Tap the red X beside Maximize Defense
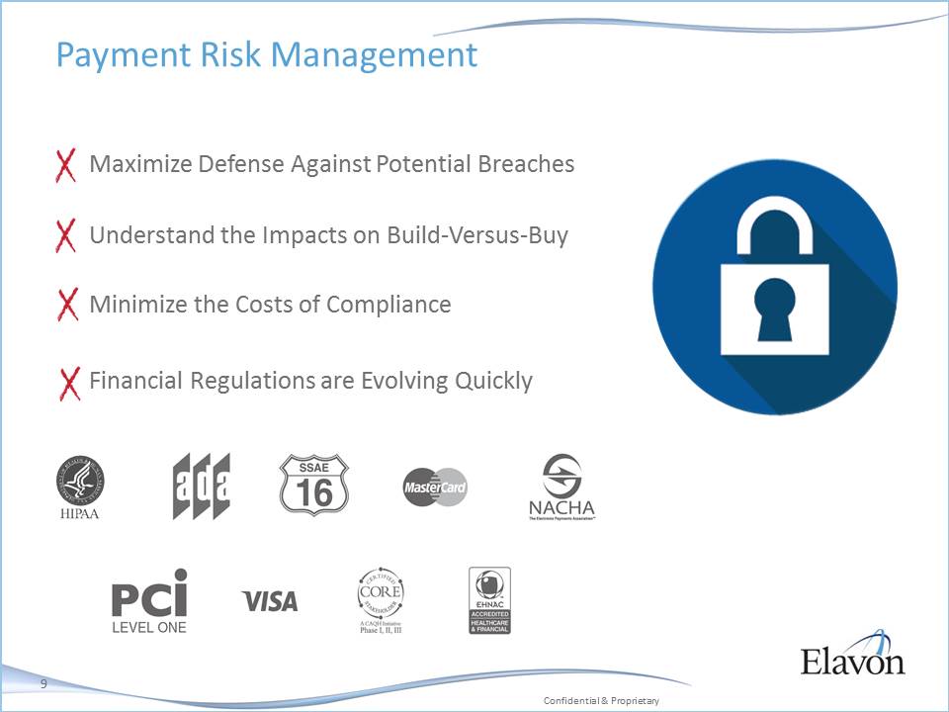pos(65,165)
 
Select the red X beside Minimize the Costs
pos(67,306)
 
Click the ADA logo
pos(202,487)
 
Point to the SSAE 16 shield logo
pos(314,486)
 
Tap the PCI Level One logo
pos(149,600)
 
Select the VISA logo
pos(270,600)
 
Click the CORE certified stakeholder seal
pos(381,599)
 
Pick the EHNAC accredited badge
pos(489,600)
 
